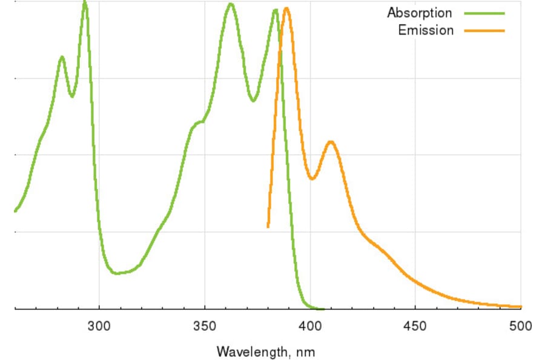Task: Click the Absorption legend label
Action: [419, 13]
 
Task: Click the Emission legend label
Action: [425, 30]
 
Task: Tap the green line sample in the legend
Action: [484, 13]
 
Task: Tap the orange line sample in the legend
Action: [484, 30]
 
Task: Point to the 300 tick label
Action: [99, 327]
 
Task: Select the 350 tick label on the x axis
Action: [205, 327]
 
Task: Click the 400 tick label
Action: [310, 327]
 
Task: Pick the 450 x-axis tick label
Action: [415, 327]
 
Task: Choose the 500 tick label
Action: [521, 327]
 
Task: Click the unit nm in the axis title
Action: [306, 352]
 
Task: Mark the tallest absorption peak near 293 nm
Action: [85, 2]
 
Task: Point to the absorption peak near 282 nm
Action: [62, 57]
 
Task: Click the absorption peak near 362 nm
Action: [230, 4]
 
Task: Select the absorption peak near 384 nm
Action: [276, 10]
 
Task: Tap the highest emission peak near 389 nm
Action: [286, 8]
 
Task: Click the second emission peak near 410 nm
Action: [331, 142]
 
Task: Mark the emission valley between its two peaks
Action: [312, 179]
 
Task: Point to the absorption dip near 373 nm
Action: [253, 101]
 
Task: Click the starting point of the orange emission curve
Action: [268, 227]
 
